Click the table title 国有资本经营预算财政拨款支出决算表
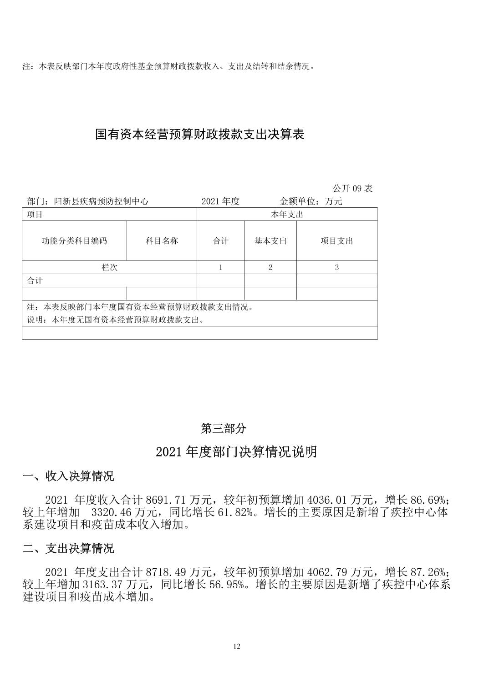click(199, 135)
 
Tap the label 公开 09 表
click(352, 189)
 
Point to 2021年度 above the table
click(220, 201)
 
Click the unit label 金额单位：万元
click(311, 201)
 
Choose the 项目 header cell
click(35, 215)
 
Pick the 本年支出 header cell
click(287, 215)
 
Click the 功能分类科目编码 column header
click(74, 241)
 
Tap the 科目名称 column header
click(162, 241)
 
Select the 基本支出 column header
click(270, 241)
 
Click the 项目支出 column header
click(337, 241)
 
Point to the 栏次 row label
click(109, 267)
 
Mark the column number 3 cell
click(337, 267)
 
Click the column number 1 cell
click(221, 267)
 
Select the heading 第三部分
click(224, 428)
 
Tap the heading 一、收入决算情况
click(68, 476)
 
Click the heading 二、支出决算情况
click(68, 548)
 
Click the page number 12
click(236, 646)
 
